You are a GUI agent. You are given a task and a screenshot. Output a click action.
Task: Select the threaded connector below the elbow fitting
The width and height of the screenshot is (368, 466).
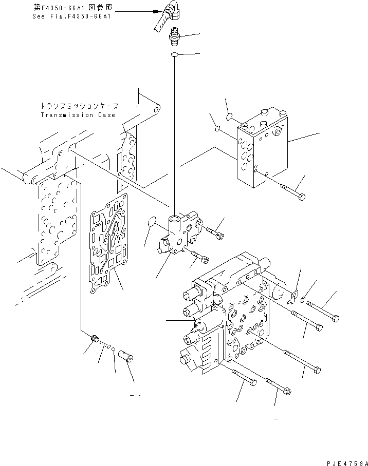pyautogui.click(x=174, y=38)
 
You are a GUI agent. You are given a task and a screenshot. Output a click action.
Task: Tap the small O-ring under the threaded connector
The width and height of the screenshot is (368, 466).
pyautogui.click(x=175, y=55)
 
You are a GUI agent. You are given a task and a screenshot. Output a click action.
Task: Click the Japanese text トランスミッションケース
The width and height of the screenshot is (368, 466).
pyautogui.click(x=79, y=106)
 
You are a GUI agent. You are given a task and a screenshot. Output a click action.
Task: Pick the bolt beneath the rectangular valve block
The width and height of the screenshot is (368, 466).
pyautogui.click(x=292, y=191)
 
